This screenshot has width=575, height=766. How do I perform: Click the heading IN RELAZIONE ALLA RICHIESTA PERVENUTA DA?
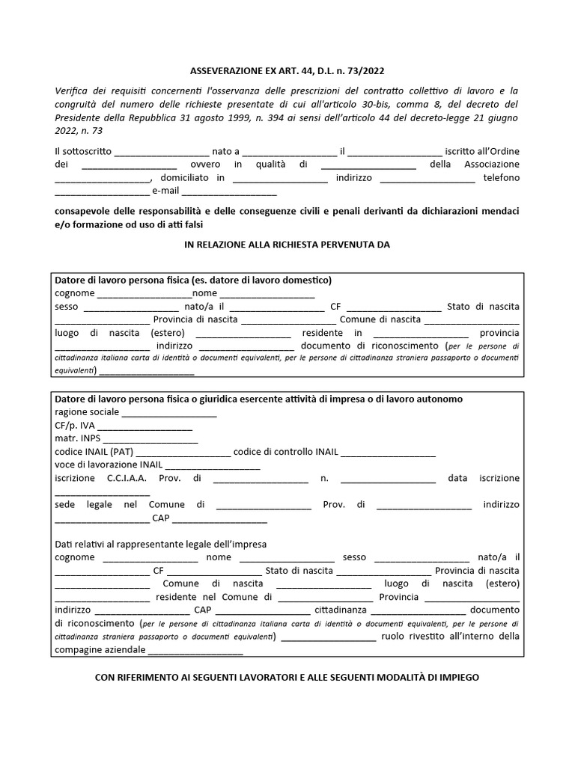pos(287,245)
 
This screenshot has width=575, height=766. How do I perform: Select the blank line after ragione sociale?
pos(169,413)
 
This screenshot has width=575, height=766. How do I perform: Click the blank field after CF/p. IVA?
pos(145,426)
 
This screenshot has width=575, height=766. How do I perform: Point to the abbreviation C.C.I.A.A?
pos(127,478)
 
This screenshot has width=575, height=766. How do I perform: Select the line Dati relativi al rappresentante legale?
pos(161,544)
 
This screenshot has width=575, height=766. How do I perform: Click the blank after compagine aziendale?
pos(195,651)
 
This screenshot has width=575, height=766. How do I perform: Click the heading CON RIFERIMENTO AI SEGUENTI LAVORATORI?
pos(287,677)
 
